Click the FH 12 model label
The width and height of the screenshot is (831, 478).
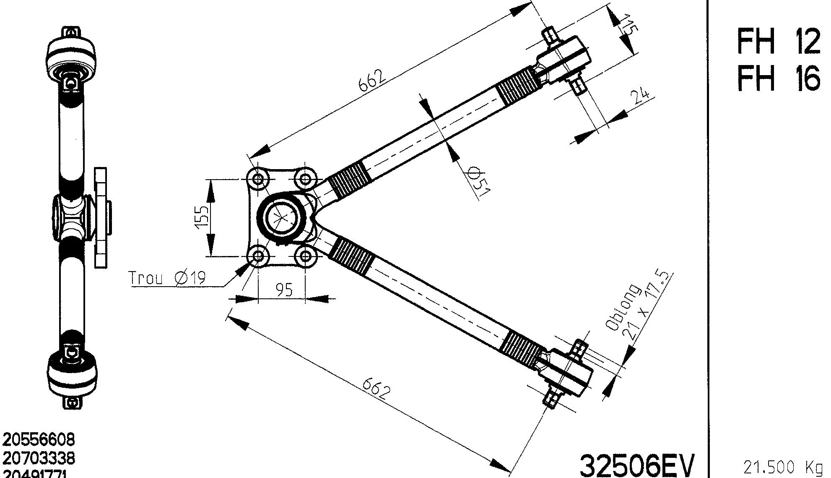tap(778, 42)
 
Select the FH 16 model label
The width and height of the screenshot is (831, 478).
tap(778, 79)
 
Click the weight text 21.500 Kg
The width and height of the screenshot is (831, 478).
tap(782, 467)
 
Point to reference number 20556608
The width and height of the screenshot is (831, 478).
tap(39, 439)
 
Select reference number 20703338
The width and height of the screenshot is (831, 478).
tap(39, 458)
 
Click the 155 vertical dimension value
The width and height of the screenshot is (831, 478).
tap(203, 217)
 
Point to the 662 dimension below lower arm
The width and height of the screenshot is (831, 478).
tap(376, 389)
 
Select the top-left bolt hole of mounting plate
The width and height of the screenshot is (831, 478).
tap(258, 180)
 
